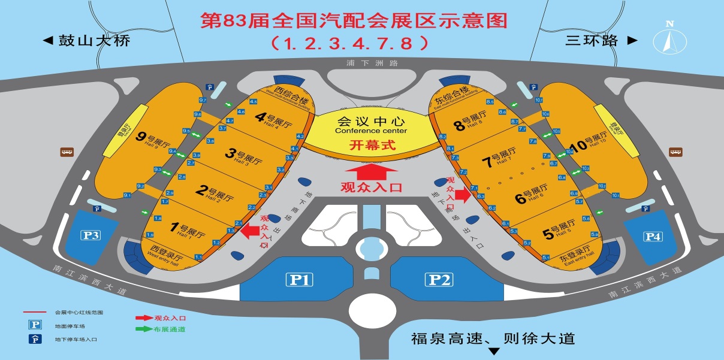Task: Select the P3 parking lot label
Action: [x=91, y=235]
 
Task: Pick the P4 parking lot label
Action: [x=653, y=236]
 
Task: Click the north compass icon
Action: [x=669, y=39]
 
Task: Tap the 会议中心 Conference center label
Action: [x=371, y=123]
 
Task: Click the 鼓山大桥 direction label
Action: [x=86, y=41]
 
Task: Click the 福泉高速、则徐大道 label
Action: [x=493, y=338]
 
